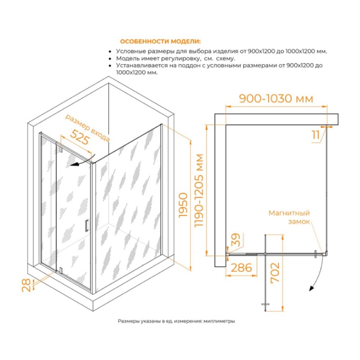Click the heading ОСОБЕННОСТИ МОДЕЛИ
(160, 41)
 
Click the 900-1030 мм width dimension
(276, 99)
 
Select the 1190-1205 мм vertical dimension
(198, 190)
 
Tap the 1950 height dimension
(183, 205)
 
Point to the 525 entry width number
(80, 137)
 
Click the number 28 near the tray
(26, 285)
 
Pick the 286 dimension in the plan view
(241, 268)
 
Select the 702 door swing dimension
(275, 273)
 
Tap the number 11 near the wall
(316, 135)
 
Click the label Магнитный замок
(289, 217)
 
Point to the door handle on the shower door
(86, 226)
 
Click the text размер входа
(87, 128)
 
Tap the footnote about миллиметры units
(176, 321)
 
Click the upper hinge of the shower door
(61, 148)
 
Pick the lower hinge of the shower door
(61, 270)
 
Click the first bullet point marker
(110, 52)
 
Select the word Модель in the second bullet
(126, 58)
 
